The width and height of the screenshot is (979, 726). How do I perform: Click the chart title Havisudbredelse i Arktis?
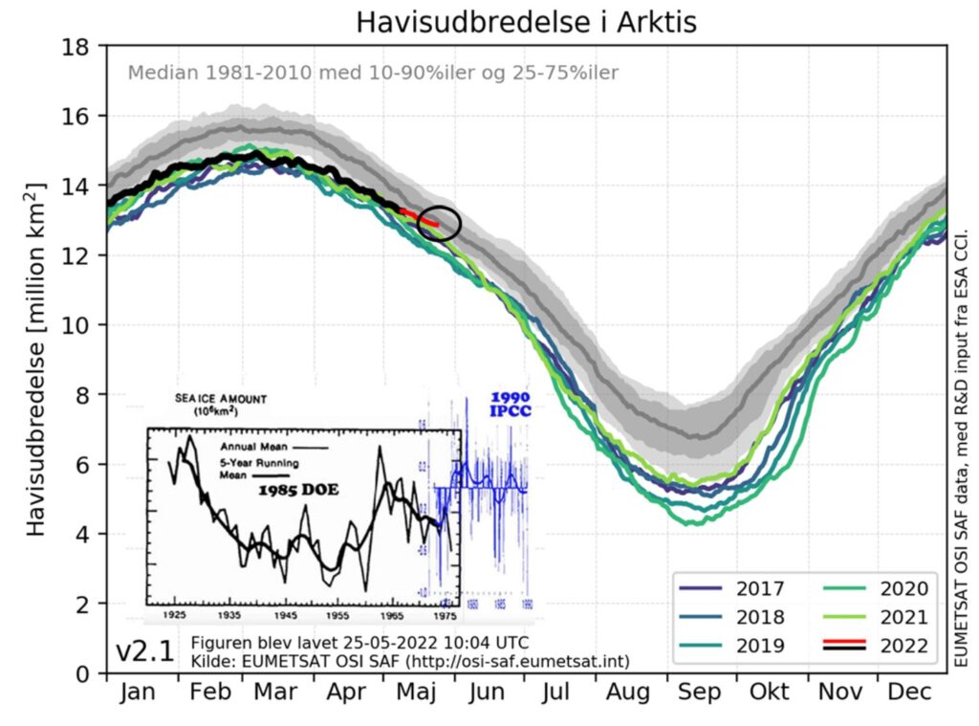click(527, 22)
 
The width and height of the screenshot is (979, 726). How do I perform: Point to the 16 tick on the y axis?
click(77, 117)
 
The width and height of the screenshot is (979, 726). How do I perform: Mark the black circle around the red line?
click(440, 223)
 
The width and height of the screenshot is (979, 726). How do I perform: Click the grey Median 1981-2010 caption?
click(374, 73)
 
